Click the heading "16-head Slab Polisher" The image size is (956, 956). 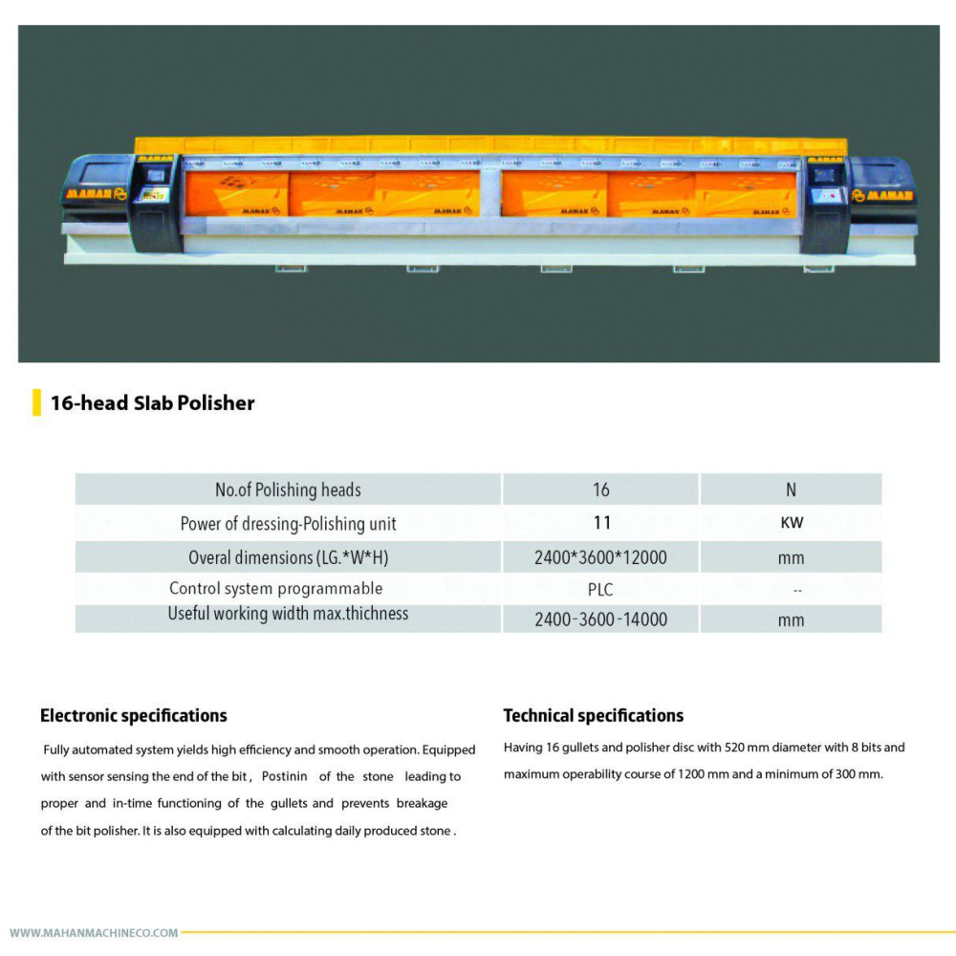tap(153, 403)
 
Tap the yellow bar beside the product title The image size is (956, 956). tap(36, 402)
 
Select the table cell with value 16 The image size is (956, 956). tap(600, 489)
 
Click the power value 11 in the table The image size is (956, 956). tap(601, 523)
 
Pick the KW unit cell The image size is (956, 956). tap(791, 523)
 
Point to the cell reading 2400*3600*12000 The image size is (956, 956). tap(600, 557)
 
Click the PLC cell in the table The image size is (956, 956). tap(600, 590)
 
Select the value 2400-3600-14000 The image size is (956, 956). tap(600, 619)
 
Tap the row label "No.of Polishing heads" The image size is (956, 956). tap(288, 489)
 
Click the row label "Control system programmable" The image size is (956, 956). tap(276, 589)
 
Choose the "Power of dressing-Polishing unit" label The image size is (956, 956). tap(288, 523)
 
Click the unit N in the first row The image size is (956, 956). tap(791, 489)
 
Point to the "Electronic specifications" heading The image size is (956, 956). tap(134, 715)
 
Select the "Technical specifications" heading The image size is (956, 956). tap(594, 715)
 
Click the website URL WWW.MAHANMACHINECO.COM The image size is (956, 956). tap(94, 932)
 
